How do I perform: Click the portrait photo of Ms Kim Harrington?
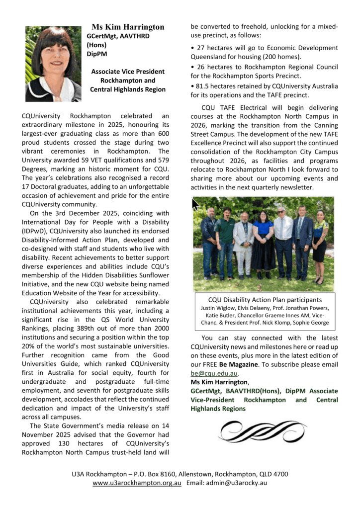click(x=53, y=64)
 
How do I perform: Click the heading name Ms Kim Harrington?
click(x=128, y=27)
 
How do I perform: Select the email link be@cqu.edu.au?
click(x=214, y=373)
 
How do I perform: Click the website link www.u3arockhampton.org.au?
click(x=137, y=483)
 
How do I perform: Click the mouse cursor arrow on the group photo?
click(x=196, y=204)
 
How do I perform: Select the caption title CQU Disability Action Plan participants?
click(x=265, y=300)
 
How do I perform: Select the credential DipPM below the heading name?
click(x=97, y=54)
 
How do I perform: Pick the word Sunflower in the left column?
click(x=154, y=276)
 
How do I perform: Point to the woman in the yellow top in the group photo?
click(x=319, y=244)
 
